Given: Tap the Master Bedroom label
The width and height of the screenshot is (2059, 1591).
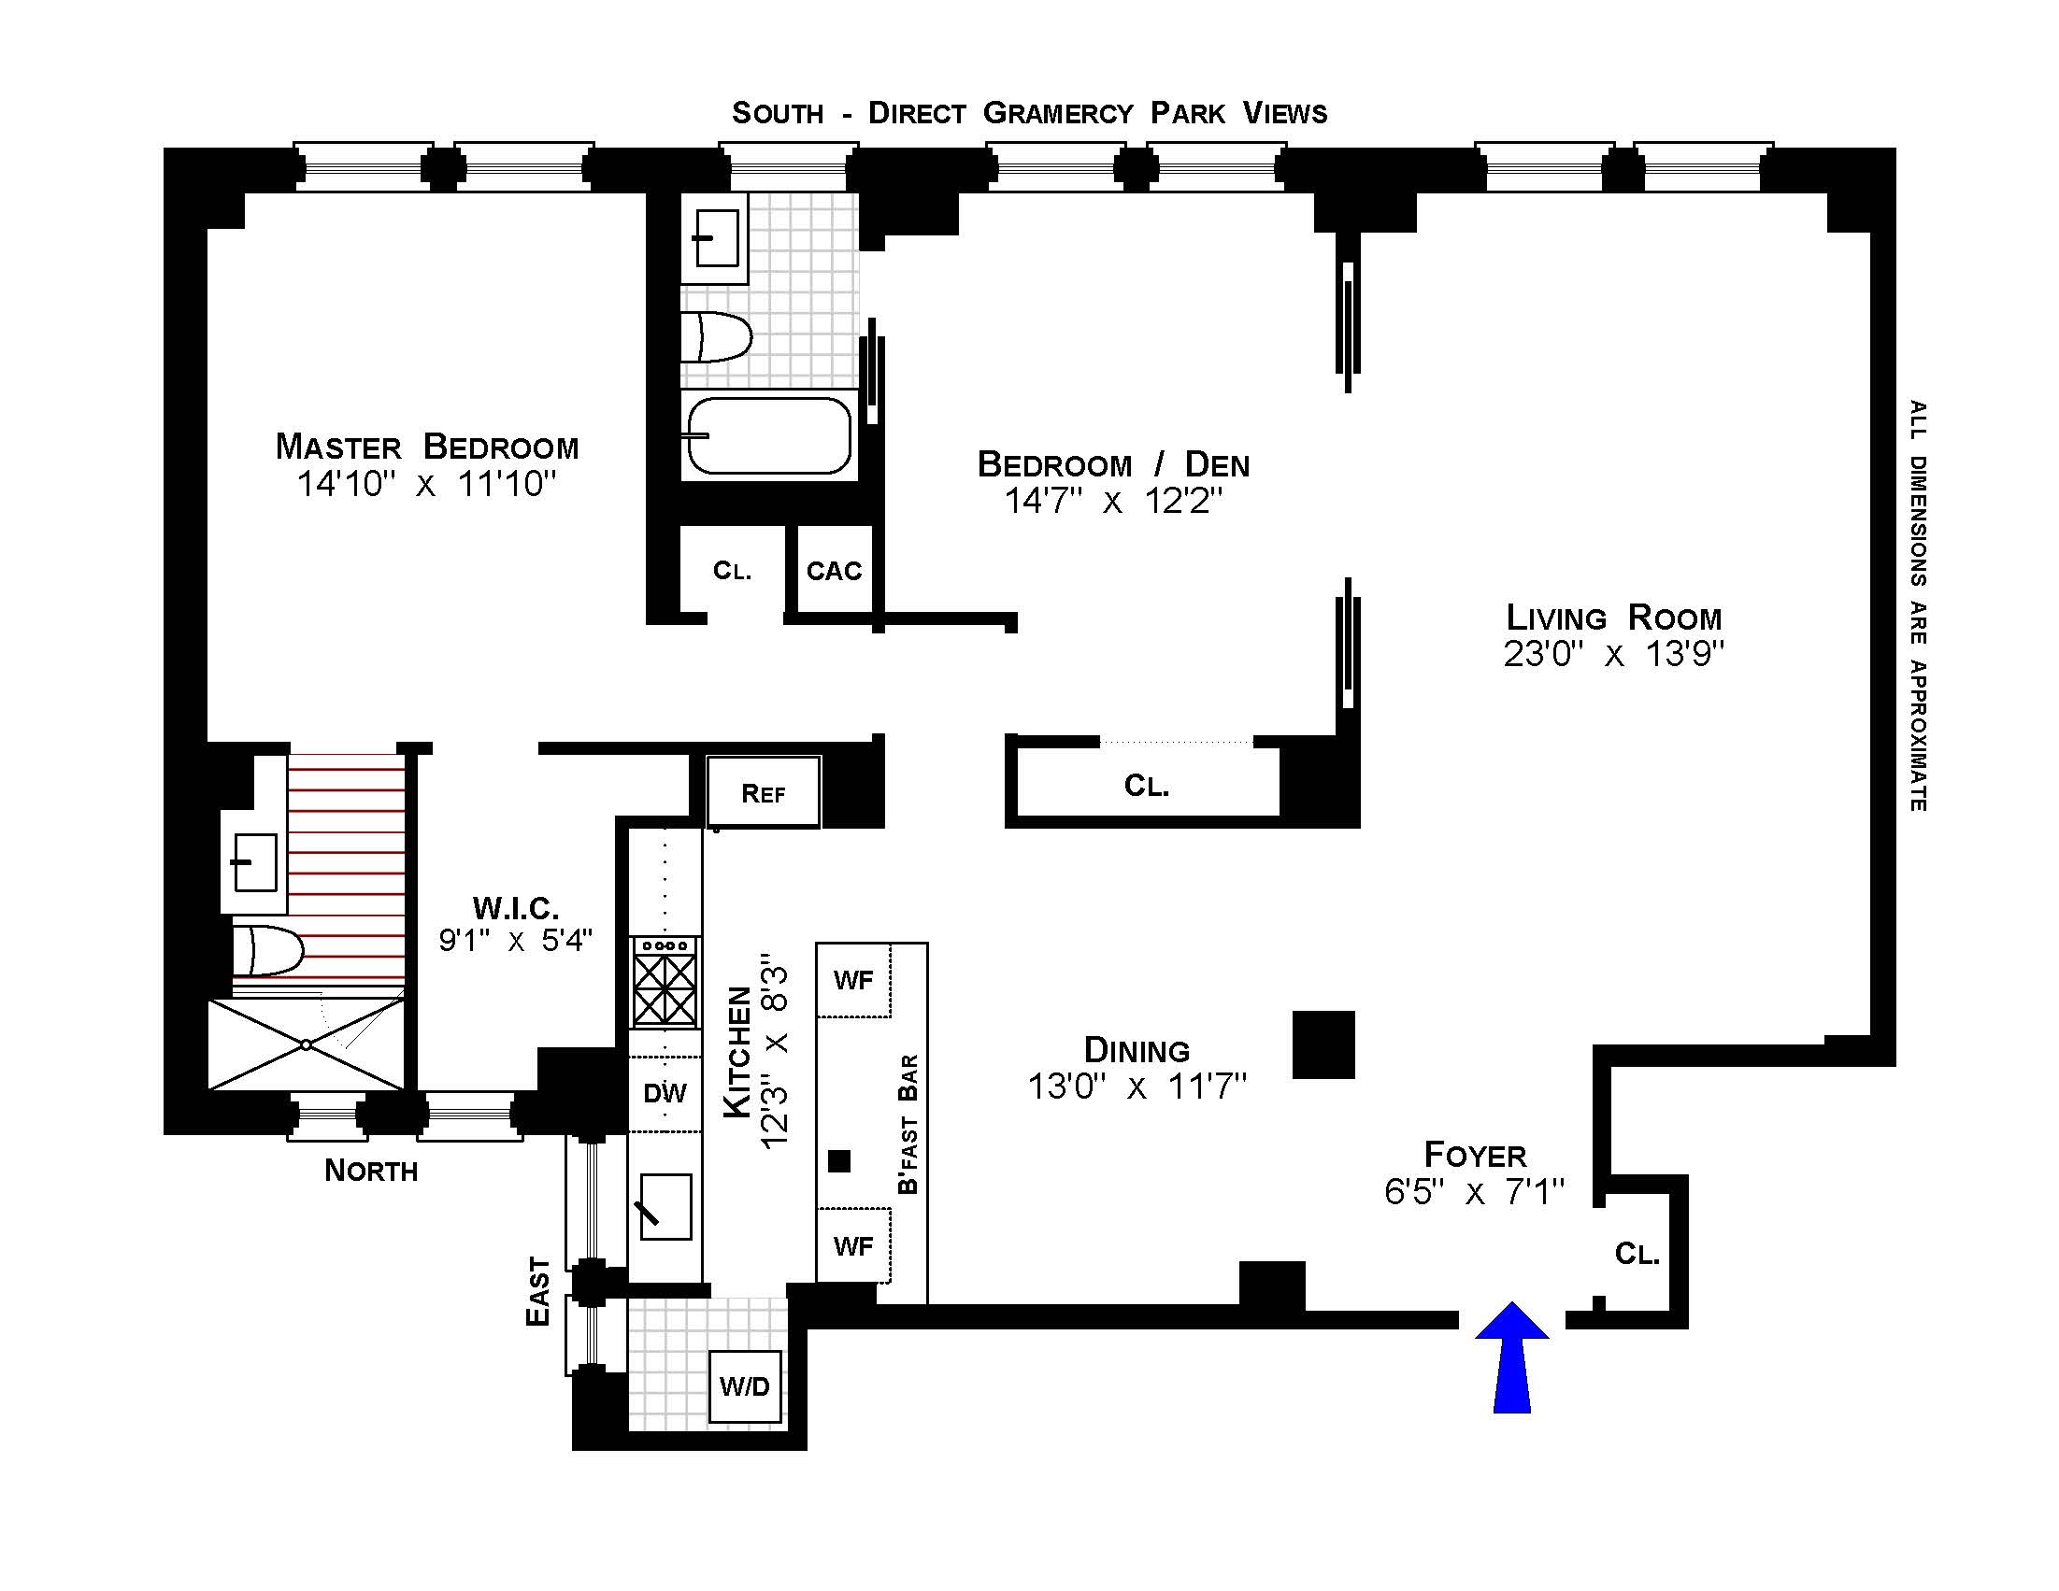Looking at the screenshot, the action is (427, 447).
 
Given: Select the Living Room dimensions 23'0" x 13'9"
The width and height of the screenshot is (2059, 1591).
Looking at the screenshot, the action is (1613, 654).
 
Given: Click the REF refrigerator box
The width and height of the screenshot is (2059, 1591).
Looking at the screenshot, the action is (763, 793).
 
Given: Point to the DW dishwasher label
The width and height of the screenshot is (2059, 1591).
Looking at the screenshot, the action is (665, 1093).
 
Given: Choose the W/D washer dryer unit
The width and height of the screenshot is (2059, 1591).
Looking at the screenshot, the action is (745, 1386).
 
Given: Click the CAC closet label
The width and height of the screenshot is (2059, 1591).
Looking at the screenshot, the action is (835, 571).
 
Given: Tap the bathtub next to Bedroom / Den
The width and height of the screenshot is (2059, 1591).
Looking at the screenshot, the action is (768, 435).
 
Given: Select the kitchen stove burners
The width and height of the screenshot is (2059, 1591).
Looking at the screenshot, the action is (665, 989).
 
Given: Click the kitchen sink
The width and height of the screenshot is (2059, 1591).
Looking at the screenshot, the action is (665, 1206).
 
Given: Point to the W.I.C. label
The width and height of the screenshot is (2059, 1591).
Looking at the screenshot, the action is (516, 909).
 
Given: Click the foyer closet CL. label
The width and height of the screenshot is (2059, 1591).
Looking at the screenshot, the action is (1637, 1254).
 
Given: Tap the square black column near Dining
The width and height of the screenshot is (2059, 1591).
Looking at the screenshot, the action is (1323, 1044).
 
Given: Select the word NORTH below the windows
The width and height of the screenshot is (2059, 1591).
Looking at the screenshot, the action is (370, 1171).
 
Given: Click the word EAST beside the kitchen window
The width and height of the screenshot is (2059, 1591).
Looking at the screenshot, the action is (537, 1291).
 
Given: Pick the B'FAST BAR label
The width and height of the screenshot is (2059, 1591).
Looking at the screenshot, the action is (908, 1124).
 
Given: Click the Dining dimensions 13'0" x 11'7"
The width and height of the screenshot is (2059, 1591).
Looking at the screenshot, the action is (1137, 1087).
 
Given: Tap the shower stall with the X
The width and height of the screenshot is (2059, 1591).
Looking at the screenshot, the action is (306, 1044).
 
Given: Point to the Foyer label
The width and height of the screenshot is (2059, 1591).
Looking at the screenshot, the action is (1475, 1155).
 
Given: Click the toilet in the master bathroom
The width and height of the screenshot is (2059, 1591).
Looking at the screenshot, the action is (266, 950).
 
